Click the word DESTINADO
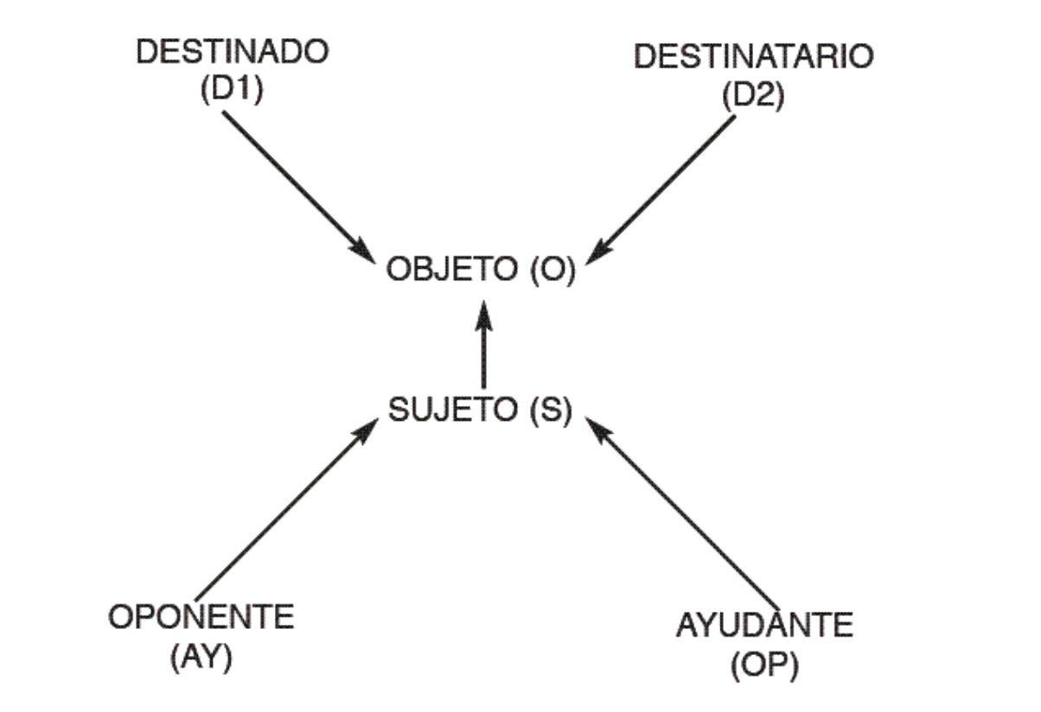point(232,51)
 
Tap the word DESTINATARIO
point(753,57)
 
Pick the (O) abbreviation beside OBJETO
point(548,270)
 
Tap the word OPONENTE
point(201,619)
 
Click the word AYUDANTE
point(764,625)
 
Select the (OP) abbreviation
point(764,664)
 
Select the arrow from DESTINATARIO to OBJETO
point(666,186)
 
